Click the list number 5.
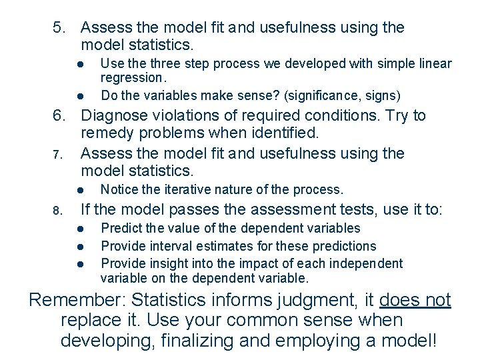click(x=59, y=28)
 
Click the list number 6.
click(x=59, y=116)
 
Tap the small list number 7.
click(x=57, y=155)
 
